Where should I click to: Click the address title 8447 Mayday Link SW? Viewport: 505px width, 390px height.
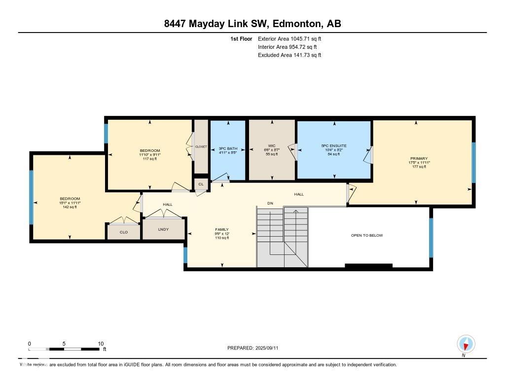click(252, 24)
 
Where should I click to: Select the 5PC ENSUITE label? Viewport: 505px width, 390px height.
click(334, 146)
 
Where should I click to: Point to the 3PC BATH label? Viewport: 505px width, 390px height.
click(228, 147)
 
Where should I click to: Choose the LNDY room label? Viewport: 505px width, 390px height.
click(163, 229)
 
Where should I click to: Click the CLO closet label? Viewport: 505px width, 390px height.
click(124, 232)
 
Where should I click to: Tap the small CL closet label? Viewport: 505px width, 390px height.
click(201, 184)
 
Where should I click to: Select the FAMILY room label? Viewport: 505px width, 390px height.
click(222, 230)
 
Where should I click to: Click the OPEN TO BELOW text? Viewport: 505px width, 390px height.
click(366, 235)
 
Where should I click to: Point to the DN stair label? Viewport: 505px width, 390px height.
click(270, 203)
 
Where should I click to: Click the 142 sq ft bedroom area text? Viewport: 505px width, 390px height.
click(70, 207)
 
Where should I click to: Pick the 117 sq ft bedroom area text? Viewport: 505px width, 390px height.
click(149, 159)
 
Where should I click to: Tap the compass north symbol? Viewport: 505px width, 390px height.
click(466, 344)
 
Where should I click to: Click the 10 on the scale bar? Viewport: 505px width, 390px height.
click(101, 344)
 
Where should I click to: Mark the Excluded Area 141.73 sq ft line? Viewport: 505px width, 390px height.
click(289, 55)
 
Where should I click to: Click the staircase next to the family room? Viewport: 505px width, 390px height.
click(282, 237)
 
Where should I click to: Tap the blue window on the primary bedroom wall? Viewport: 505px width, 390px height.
click(473, 162)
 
